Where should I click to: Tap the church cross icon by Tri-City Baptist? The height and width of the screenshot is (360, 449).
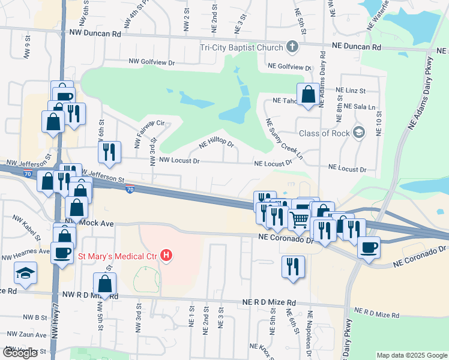tap(292, 46)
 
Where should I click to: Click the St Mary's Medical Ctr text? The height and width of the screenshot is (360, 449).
tap(117, 256)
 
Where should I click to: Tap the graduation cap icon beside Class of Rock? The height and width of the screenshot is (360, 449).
tap(359, 132)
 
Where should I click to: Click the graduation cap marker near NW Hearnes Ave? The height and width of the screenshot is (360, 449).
tap(25, 273)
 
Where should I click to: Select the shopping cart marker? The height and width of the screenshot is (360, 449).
tap(298, 218)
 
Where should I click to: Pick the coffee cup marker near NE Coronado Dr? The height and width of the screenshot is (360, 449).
tap(369, 246)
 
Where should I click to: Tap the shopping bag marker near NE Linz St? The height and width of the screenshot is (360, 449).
tap(308, 95)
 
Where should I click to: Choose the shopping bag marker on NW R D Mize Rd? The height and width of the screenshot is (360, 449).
tap(105, 284)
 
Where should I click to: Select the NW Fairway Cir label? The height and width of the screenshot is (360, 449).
tap(149, 133)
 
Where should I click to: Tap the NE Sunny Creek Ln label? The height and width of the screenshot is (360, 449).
tap(285, 142)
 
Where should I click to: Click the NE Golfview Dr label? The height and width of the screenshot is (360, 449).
tap(290, 67)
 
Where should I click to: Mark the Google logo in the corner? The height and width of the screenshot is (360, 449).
tap(20, 353)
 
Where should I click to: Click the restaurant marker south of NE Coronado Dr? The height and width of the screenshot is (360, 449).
tap(293, 266)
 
